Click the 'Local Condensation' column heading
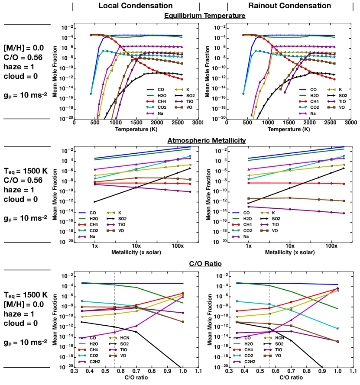coord(135,6)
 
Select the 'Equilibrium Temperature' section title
coord(205,16)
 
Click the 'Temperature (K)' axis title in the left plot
coord(136,129)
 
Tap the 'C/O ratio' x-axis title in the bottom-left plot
coord(136,378)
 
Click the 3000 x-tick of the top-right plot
coord(351,123)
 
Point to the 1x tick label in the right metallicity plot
coord(249,246)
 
